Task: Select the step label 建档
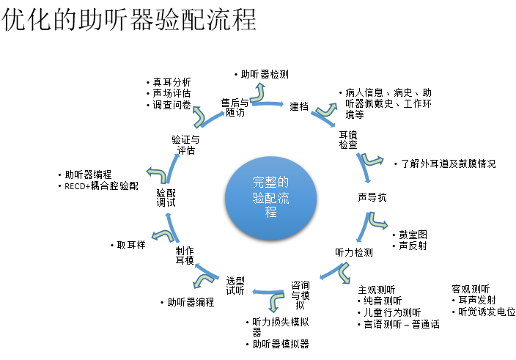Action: click(x=298, y=107)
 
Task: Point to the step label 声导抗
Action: click(x=372, y=198)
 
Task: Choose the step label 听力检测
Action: click(x=353, y=252)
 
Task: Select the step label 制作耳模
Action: click(x=184, y=255)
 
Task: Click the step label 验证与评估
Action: click(x=185, y=144)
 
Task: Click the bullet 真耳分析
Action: click(x=172, y=81)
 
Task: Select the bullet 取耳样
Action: click(x=130, y=245)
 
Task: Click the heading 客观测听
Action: click(x=471, y=289)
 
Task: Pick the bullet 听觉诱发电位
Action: click(x=486, y=312)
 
